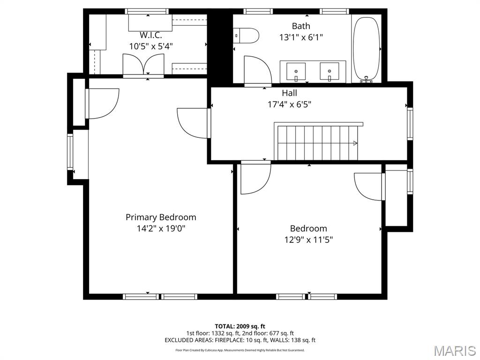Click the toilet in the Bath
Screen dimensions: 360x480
(247, 35)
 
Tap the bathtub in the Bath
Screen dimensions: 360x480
(366, 49)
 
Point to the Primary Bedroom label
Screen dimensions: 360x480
(161, 217)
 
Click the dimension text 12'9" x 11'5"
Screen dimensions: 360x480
(308, 240)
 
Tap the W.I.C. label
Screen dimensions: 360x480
(151, 35)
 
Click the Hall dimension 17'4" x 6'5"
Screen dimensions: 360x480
(289, 105)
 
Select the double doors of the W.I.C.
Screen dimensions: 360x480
(143, 64)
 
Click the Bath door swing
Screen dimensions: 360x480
(256, 70)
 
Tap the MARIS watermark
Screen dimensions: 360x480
(454, 350)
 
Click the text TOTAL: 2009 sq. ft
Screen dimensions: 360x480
(240, 326)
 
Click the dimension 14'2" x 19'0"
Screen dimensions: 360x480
(161, 229)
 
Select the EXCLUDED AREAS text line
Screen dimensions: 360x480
(240, 340)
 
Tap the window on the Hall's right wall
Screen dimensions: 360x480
(410, 123)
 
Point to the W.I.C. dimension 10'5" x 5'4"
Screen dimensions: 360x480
(151, 46)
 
